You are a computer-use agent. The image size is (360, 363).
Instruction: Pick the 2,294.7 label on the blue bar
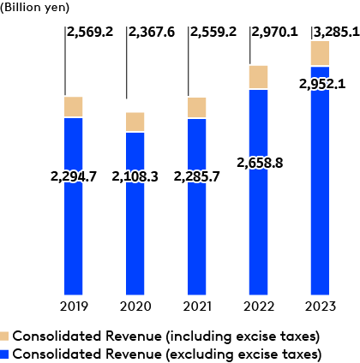[x=74, y=177]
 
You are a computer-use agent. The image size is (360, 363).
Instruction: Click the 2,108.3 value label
[x=135, y=177]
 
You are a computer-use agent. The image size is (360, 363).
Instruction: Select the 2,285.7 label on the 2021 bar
[x=197, y=177]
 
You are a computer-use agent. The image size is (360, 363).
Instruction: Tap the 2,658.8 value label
[x=259, y=160]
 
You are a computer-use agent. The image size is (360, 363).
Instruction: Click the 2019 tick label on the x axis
[x=74, y=306]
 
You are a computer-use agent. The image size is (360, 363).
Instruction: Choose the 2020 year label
[x=135, y=306]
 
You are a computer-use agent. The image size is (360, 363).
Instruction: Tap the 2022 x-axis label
[x=259, y=306]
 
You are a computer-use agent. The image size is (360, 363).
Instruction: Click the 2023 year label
[x=321, y=306]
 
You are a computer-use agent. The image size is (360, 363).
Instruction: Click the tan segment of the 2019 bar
[x=74, y=107]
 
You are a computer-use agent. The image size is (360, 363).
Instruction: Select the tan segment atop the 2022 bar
[x=259, y=77]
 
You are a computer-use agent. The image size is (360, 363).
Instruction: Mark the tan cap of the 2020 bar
[x=135, y=122]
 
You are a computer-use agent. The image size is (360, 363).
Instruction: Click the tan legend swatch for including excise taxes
[x=6, y=335]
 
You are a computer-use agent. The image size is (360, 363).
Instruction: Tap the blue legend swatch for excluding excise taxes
[x=6, y=353]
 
